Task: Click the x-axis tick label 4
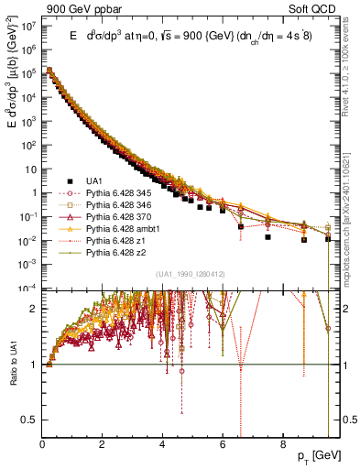click(x=162, y=444)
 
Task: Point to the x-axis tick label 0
click(x=42, y=444)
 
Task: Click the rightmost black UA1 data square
click(x=328, y=238)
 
